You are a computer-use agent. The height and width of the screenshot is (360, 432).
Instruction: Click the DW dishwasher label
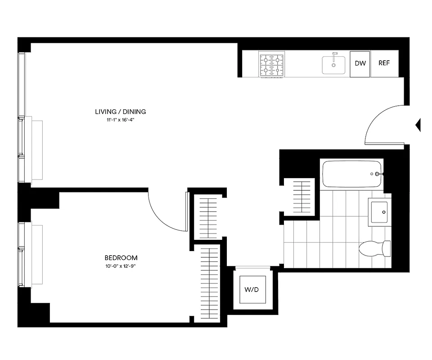point(360,63)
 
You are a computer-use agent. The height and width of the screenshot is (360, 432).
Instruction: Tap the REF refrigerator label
point(384,63)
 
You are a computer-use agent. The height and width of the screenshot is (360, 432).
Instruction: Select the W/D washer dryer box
point(252,290)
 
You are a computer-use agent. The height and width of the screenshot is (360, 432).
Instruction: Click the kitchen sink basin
point(333,66)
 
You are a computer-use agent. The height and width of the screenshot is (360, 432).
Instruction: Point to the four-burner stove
point(272,65)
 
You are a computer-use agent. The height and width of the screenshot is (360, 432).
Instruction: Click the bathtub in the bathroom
point(352,174)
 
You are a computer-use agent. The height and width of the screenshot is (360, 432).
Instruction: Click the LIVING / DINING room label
point(121,112)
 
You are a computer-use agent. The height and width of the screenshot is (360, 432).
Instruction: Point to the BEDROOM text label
point(121,258)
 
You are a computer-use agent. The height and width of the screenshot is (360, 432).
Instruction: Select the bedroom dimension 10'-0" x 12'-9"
point(121,266)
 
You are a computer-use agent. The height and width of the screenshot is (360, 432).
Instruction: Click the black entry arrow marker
point(418,125)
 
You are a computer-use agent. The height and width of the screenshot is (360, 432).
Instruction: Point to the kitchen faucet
point(334,56)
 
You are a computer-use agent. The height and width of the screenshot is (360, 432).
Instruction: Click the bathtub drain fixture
point(377,174)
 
